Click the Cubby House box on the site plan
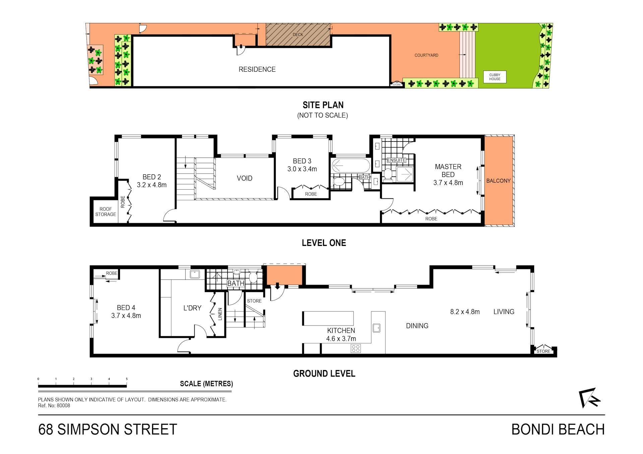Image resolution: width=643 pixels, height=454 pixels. click(495, 77)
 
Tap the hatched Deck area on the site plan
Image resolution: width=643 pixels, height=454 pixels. click(298, 34)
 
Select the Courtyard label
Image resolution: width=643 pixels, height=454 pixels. click(426, 55)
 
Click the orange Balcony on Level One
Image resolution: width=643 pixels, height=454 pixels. click(499, 181)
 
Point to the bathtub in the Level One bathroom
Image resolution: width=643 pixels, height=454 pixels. click(351, 165)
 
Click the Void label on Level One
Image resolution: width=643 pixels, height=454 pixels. click(245, 178)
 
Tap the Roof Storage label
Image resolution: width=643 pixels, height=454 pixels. click(106, 211)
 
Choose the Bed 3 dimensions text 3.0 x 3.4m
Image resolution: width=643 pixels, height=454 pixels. click(302, 169)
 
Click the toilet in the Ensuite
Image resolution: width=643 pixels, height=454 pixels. click(388, 174)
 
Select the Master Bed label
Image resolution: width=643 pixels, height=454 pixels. click(448, 171)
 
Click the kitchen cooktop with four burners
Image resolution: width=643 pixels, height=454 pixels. click(356, 349)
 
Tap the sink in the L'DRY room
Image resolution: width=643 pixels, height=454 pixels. click(195, 274)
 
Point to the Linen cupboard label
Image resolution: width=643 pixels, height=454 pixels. click(220, 314)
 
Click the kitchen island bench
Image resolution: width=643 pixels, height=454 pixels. click(328, 319)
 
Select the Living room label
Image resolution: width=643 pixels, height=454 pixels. click(504, 312)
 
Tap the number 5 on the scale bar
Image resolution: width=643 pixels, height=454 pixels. click(127, 379)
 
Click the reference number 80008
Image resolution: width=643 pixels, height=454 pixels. click(63, 406)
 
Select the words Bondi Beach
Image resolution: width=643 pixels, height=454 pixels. click(558, 430)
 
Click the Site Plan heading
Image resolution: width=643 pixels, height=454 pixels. click(323, 105)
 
